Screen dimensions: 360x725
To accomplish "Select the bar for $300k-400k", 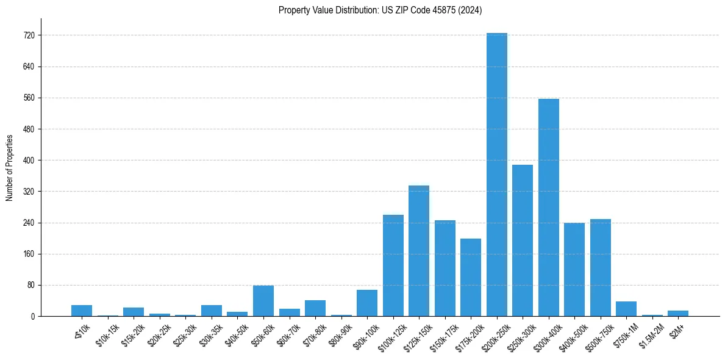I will [x=548, y=207].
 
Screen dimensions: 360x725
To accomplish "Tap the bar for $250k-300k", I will [x=523, y=240].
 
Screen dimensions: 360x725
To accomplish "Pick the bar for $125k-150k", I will [x=419, y=251].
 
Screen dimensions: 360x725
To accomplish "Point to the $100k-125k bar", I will [x=393, y=265].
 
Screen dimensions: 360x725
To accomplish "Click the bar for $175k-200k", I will [x=471, y=277].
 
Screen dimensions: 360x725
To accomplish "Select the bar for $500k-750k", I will [x=600, y=267].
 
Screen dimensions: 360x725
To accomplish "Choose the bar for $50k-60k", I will [x=263, y=301].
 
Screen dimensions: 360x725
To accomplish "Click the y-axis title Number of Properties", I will [x=10, y=167].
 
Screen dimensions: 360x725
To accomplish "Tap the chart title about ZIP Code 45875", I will [x=380, y=10].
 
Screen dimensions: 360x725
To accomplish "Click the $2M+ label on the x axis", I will [x=676, y=329].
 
